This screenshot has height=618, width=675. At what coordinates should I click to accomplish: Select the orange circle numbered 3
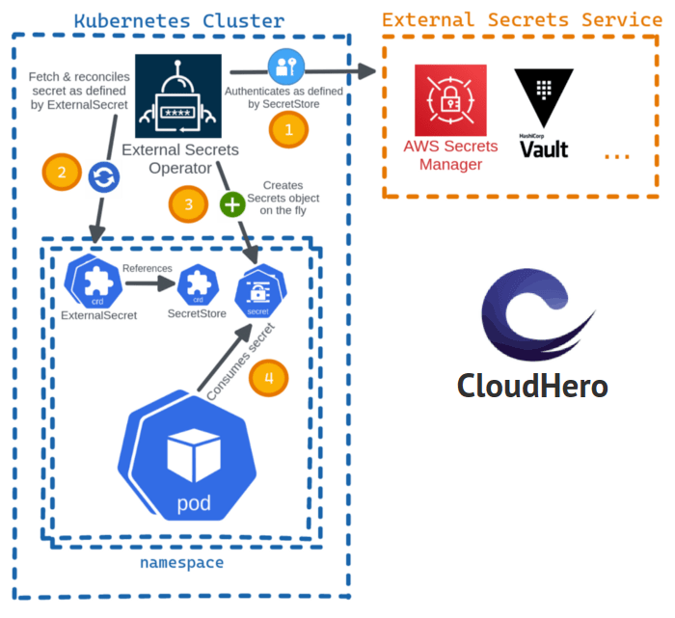(188, 203)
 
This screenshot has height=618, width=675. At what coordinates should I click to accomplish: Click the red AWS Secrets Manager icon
(450, 100)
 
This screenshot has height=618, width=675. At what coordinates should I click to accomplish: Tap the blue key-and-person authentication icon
(286, 66)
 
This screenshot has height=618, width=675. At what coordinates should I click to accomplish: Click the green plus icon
(233, 204)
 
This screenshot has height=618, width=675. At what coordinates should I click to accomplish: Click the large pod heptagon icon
(193, 461)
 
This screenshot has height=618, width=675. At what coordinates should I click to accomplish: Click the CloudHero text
(532, 386)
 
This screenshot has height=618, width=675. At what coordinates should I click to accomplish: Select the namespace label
(181, 563)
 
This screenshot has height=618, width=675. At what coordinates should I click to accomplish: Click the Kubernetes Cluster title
(180, 20)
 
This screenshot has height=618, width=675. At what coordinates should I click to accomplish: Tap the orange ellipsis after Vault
(616, 157)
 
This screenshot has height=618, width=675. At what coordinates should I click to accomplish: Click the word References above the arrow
(148, 268)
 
